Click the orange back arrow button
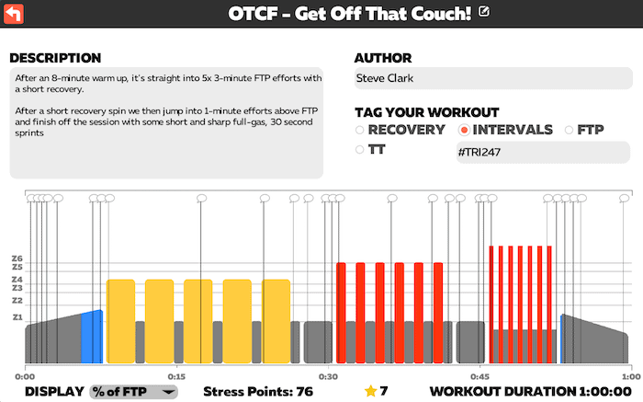click(15, 14)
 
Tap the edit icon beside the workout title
click(484, 12)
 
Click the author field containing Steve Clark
click(491, 77)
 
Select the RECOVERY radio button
click(360, 130)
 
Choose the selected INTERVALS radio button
click(464, 130)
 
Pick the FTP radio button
click(570, 130)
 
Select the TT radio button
click(360, 148)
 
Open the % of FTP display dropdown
click(134, 391)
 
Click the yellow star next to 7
click(370, 391)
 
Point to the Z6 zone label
click(17, 258)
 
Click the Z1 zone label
click(17, 317)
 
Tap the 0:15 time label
click(176, 376)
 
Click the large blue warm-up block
click(91, 339)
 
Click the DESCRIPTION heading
click(55, 58)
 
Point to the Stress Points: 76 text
click(258, 391)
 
